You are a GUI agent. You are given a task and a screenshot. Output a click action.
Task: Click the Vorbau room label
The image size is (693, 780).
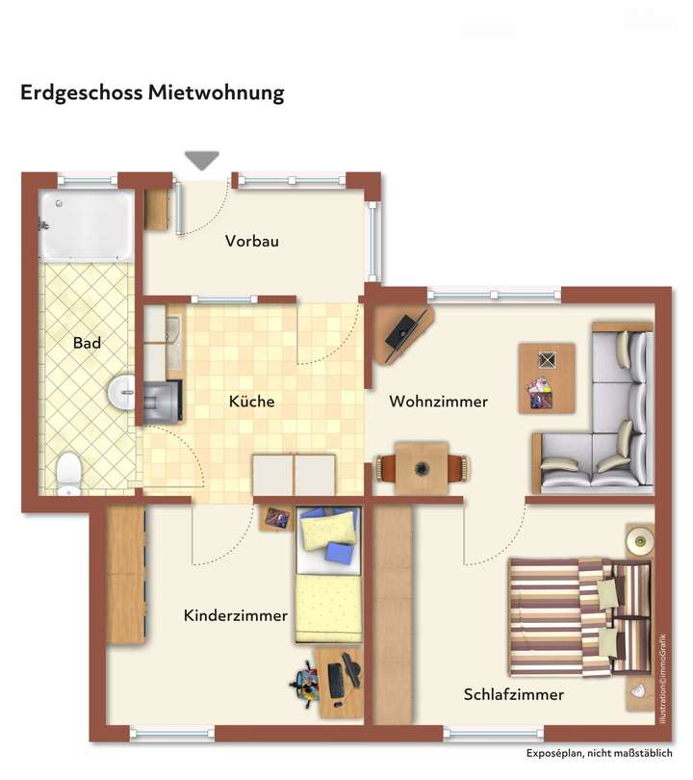click(252, 242)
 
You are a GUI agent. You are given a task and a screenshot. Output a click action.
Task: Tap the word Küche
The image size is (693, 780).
click(251, 402)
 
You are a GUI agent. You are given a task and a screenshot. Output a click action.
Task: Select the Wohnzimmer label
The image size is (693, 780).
click(438, 402)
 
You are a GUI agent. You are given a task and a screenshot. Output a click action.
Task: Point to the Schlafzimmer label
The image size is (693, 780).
click(513, 694)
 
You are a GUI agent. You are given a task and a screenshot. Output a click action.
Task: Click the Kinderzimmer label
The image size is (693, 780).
click(235, 615)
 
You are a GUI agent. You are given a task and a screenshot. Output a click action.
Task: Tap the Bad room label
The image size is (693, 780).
click(87, 343)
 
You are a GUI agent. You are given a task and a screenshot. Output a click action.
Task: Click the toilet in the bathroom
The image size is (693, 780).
click(69, 473)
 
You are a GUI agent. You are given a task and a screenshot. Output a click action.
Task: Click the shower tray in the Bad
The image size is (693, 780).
click(86, 224)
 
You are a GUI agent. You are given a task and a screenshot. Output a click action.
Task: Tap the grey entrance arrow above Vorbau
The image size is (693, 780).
click(202, 161)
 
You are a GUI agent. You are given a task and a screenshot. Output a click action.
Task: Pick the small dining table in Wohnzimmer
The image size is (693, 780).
click(422, 469)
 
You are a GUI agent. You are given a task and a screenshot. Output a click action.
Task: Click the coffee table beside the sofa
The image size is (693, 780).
click(546, 377)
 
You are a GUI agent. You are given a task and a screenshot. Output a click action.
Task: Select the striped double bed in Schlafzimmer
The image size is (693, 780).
click(577, 615)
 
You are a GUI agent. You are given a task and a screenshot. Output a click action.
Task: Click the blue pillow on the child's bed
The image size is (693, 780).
click(339, 553)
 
